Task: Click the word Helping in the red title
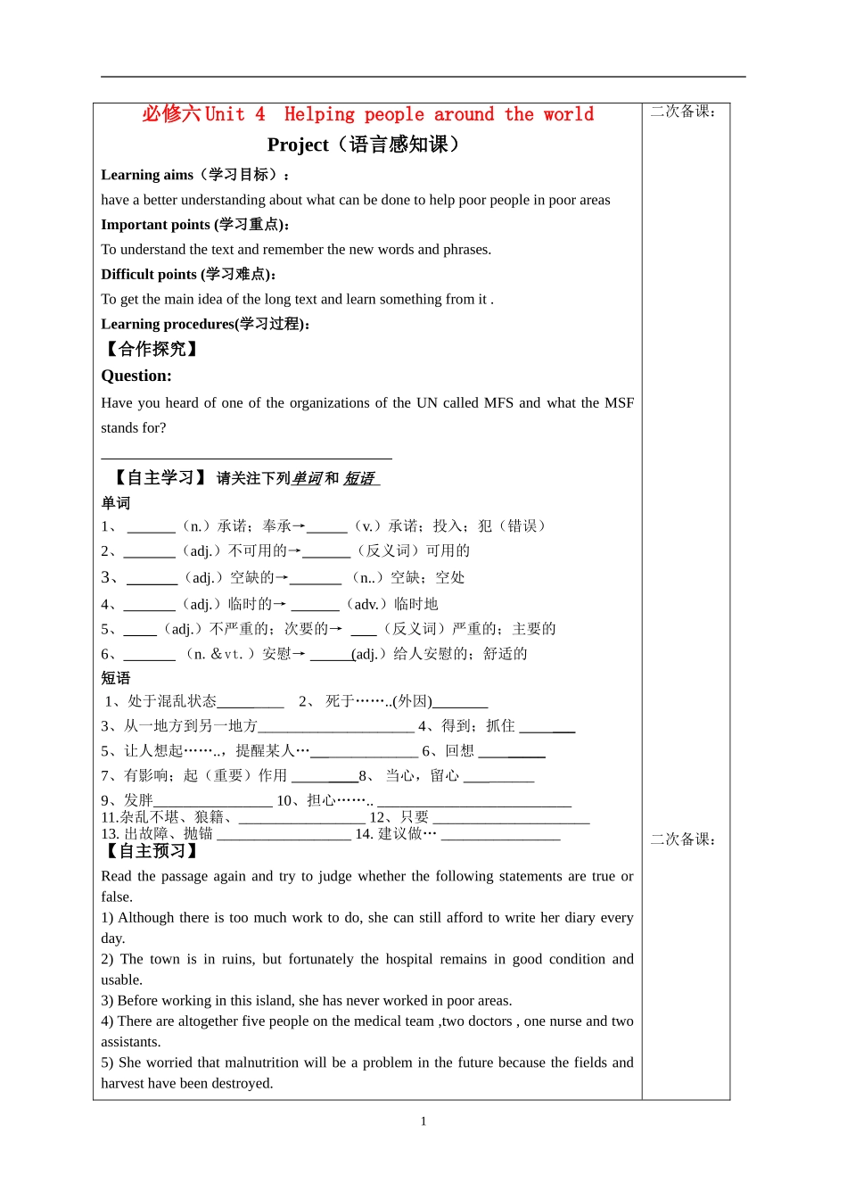pos(318,114)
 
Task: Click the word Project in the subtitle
pos(298,145)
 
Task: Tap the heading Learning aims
pos(147,175)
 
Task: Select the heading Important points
pos(155,225)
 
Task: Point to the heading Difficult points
pos(149,275)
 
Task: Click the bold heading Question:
pos(136,376)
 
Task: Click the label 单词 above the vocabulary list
pos(116,503)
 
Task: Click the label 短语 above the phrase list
pos(116,678)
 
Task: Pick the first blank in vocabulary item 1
pos(151,527)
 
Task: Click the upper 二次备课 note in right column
pos(683,112)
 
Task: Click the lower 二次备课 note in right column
pos(683,839)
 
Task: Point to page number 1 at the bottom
pos(423,1121)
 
